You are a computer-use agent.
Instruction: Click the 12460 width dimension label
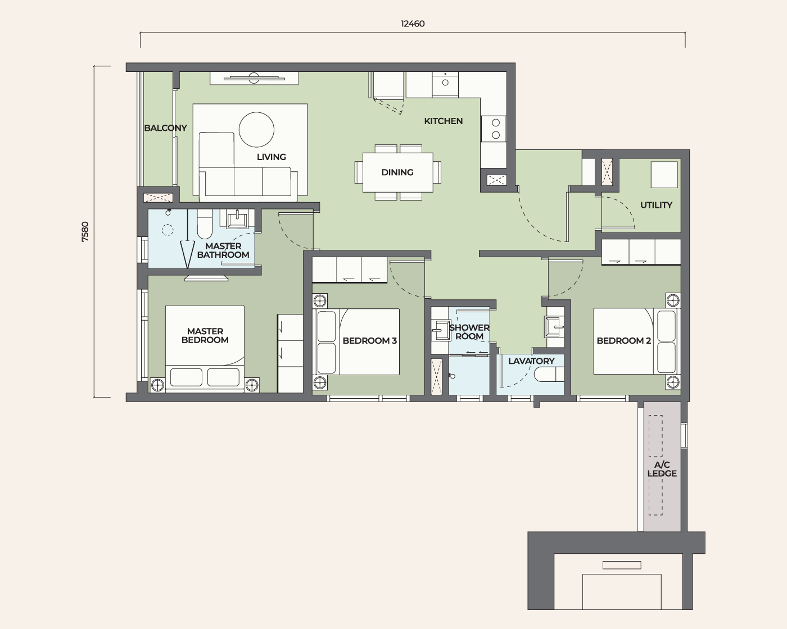click(x=413, y=24)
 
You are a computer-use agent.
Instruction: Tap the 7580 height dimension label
click(x=85, y=232)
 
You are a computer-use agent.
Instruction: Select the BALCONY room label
click(x=165, y=128)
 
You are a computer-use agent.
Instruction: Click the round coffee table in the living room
click(x=256, y=129)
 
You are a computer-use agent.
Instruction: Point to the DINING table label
click(x=397, y=172)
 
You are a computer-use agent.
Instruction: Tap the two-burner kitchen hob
click(x=494, y=129)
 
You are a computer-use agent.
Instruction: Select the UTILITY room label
click(x=656, y=205)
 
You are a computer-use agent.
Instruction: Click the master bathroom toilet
click(x=205, y=224)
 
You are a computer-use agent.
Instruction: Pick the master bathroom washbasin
click(x=237, y=218)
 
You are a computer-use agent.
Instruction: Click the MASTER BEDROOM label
click(x=205, y=335)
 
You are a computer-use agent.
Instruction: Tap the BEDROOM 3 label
click(x=369, y=341)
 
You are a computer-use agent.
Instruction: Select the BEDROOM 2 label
click(x=623, y=341)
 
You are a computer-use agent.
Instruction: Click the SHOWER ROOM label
click(x=469, y=332)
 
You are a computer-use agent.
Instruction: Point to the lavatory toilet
click(x=549, y=375)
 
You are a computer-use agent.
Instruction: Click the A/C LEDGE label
click(x=662, y=469)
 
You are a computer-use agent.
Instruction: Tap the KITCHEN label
click(x=443, y=121)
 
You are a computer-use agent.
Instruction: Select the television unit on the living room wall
click(x=254, y=78)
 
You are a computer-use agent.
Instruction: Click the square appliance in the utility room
click(x=664, y=175)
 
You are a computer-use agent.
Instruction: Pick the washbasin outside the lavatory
click(x=554, y=326)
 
